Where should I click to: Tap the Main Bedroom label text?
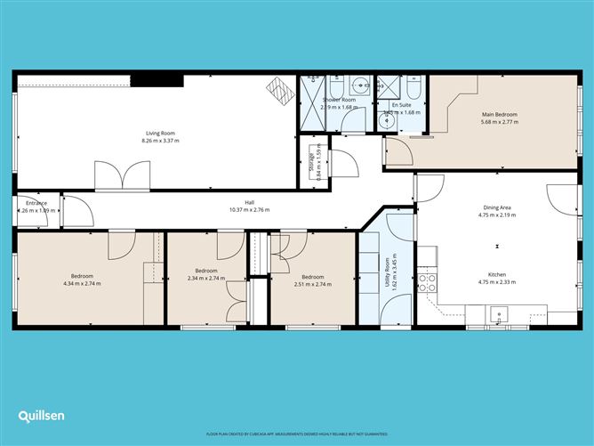[499, 115]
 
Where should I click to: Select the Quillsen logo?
[43, 416]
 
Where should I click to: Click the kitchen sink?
[498, 312]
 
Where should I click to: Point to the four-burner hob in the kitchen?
[428, 283]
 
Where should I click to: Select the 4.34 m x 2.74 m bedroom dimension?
[82, 283]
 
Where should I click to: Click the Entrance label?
[36, 203]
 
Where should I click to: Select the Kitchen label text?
[497, 275]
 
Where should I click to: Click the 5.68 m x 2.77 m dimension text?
[499, 123]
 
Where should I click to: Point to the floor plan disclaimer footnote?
[296, 434]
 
